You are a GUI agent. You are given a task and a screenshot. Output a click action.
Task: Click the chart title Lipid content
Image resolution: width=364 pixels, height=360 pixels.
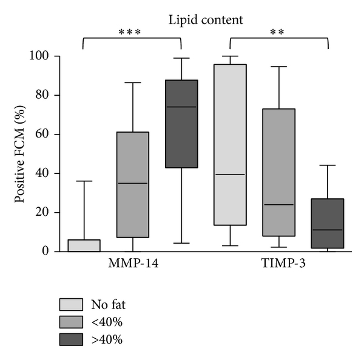[206, 20]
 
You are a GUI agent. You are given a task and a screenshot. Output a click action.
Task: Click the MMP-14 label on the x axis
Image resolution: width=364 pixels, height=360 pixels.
[132, 265]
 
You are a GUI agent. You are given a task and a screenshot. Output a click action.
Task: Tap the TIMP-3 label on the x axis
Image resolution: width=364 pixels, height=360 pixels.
[279, 265]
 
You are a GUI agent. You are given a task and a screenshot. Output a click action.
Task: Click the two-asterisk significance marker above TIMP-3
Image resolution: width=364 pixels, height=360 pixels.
[279, 32]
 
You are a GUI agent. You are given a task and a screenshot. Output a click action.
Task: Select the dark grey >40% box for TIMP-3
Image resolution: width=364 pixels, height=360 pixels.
[328, 224]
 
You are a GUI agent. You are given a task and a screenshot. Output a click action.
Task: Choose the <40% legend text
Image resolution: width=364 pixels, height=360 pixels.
[104, 322]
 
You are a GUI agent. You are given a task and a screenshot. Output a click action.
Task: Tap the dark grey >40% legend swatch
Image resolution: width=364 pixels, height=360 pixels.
[71, 339]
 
